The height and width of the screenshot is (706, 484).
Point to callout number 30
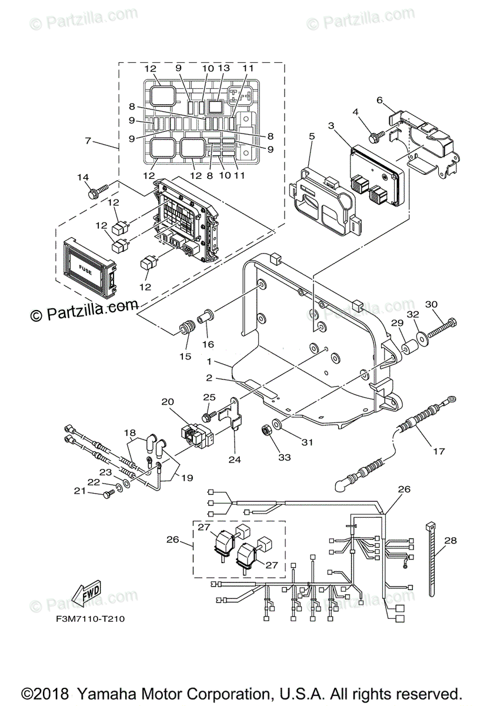[x=432, y=304]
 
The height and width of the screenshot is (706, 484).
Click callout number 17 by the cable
[x=439, y=451]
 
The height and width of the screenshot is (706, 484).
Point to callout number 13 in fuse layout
[x=223, y=69]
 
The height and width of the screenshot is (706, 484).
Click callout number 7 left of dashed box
[x=88, y=141]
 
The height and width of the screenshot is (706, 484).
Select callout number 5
[x=312, y=136]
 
